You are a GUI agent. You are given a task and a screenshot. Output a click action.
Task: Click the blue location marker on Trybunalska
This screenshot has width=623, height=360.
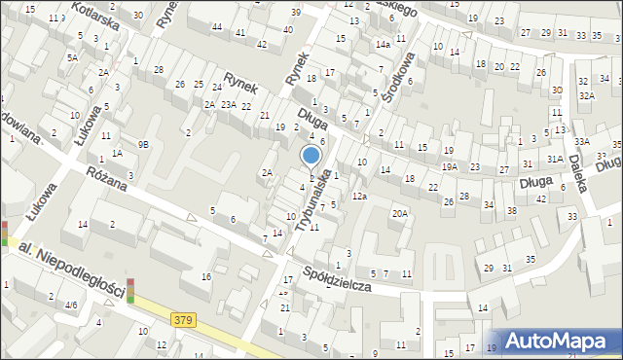pyautogui.click(x=311, y=157)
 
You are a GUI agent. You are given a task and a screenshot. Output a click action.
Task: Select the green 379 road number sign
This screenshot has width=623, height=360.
pyautogui.click(x=182, y=319)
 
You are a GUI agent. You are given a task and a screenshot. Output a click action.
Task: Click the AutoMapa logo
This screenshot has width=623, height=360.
pyautogui.click(x=564, y=340)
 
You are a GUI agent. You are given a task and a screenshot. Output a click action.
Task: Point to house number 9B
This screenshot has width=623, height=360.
pyautogui.click(x=143, y=144)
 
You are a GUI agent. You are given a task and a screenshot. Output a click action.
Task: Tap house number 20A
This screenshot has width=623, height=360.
pyautogui.click(x=399, y=214)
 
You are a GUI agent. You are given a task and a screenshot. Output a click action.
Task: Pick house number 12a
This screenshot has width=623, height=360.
pyautogui.click(x=360, y=197)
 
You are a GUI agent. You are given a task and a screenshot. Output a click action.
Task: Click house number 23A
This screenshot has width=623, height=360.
pyautogui.click(x=229, y=104)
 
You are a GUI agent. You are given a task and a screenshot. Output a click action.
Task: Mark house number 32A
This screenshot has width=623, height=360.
pyautogui.click(x=586, y=95)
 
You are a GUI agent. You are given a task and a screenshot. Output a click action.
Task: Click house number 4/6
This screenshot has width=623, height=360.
pyautogui.click(x=70, y=305)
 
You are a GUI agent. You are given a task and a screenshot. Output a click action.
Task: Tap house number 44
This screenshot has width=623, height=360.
pyautogui.click(x=217, y=27)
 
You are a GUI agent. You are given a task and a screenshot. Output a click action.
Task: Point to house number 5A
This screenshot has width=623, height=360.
pyautogui.click(x=72, y=57)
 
